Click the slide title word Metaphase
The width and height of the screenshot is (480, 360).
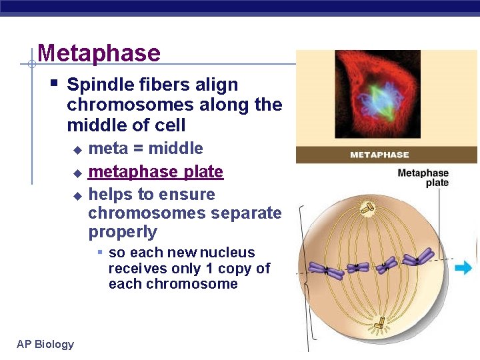99,53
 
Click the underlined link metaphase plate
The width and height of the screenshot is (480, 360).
155,172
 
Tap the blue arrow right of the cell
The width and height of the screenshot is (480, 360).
463,268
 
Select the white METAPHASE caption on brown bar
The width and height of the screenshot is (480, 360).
379,155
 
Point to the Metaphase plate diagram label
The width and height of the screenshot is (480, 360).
423,178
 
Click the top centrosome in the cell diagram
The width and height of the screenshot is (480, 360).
367,209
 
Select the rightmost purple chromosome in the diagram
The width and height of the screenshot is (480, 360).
418,256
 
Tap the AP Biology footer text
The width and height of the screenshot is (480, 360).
45,344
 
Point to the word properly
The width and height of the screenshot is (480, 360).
123,232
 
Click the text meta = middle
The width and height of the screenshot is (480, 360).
145,149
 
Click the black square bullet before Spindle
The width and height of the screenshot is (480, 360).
55,84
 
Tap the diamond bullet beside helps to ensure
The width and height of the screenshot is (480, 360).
77,196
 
